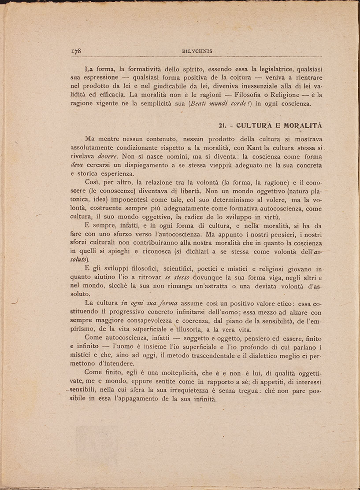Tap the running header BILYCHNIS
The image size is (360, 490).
(197, 51)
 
